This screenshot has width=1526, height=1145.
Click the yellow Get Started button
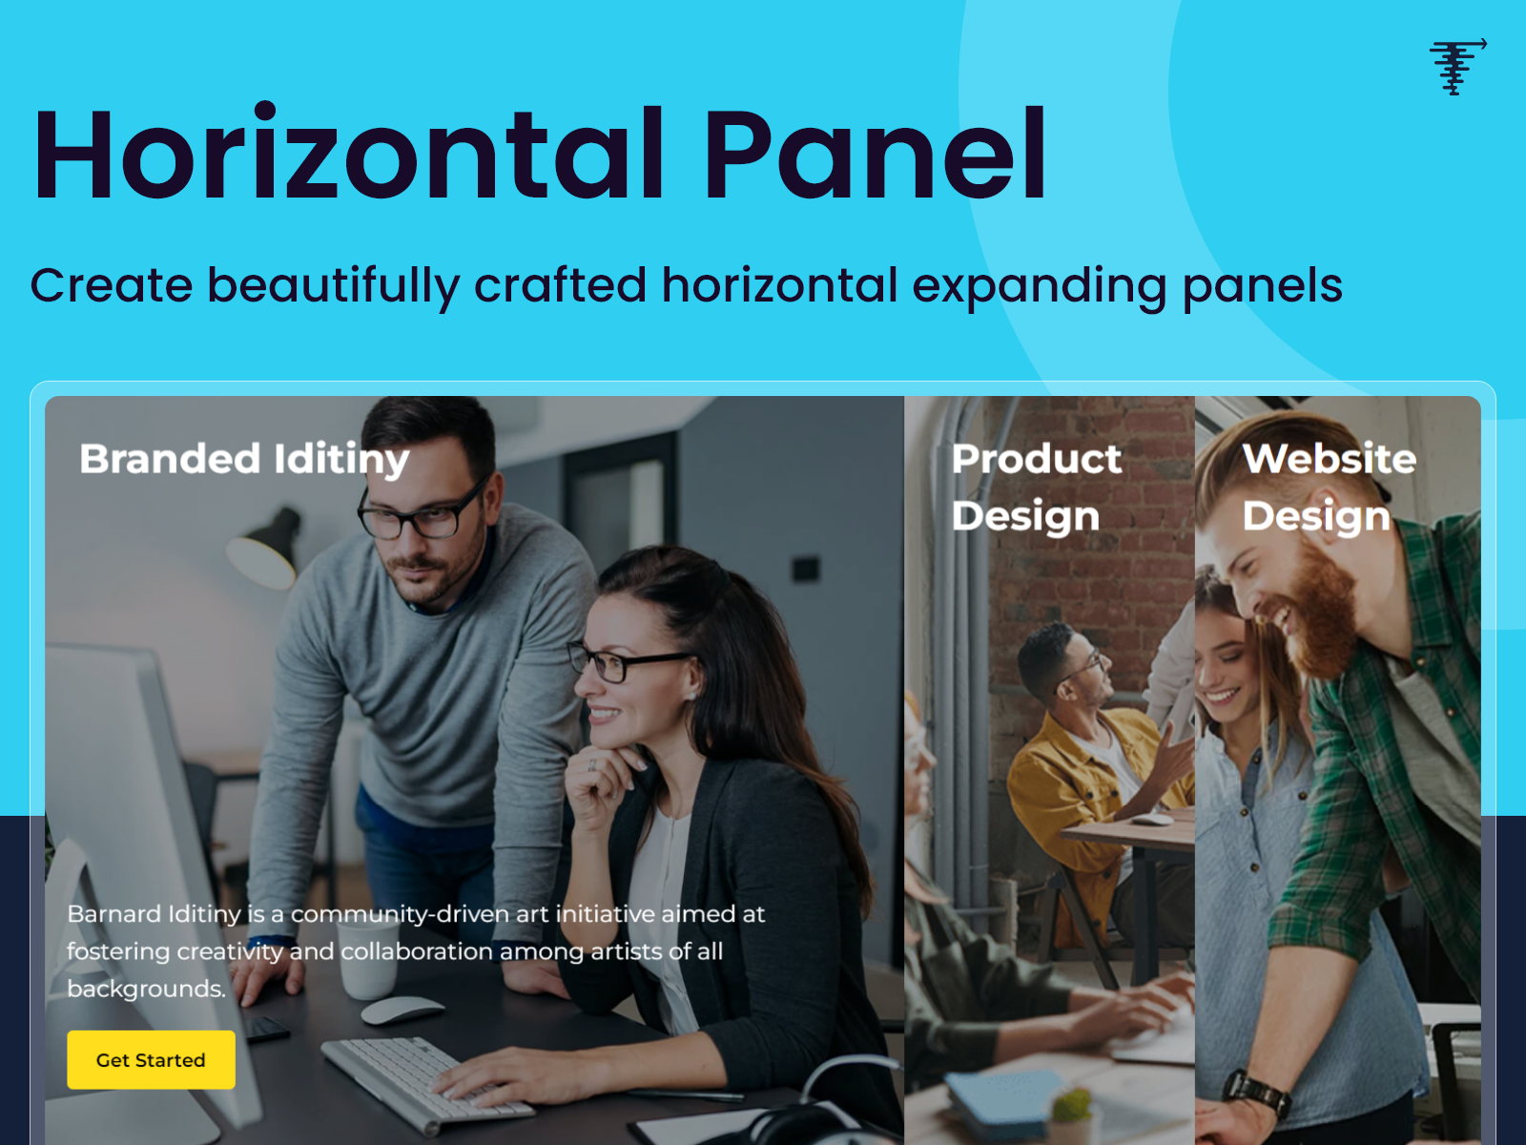[151, 1059]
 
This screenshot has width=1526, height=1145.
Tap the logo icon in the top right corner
[1456, 66]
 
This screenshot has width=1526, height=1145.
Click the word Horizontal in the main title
[349, 155]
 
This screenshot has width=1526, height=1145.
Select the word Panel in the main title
[876, 155]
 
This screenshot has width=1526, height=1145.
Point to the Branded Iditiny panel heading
[244, 459]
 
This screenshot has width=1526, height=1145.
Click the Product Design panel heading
[1037, 487]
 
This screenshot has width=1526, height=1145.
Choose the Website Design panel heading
[1329, 487]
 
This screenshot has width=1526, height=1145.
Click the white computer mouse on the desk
[402, 1010]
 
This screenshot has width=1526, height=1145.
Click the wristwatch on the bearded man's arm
[1256, 1093]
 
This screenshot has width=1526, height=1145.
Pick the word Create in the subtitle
[112, 285]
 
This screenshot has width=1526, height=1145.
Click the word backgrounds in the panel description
[146, 989]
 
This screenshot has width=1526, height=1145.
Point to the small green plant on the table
[1072, 1107]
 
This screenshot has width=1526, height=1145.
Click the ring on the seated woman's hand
[592, 763]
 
